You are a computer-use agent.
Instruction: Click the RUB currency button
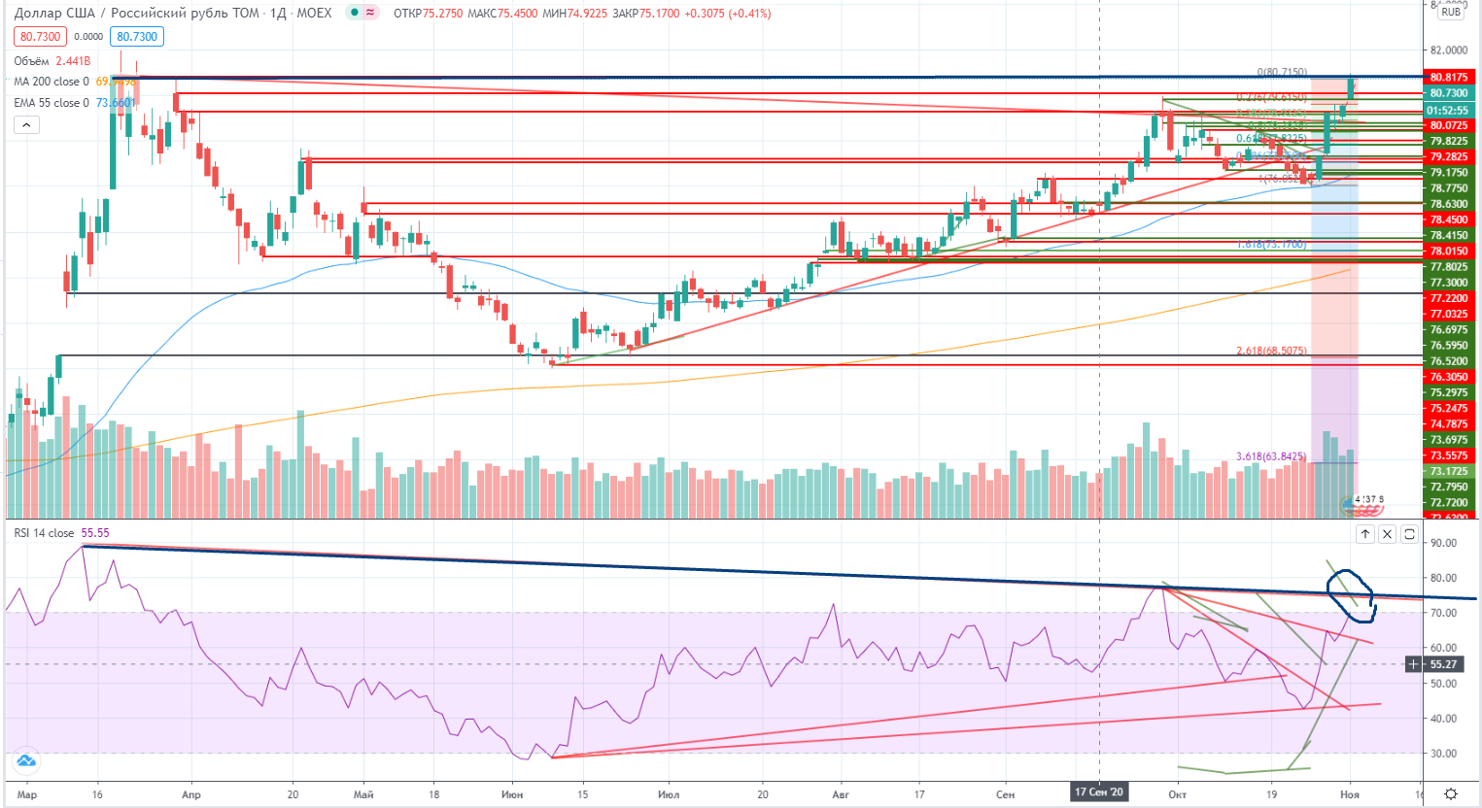pos(1451,13)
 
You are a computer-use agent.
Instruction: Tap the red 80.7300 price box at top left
pos(40,37)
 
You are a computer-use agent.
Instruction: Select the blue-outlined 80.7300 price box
pos(137,37)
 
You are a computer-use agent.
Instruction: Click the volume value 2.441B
pos(73,61)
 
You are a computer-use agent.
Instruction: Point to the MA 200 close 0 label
pos(51,82)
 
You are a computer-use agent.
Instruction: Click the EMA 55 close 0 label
pos(51,103)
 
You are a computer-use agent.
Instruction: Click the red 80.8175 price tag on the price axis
pos(1448,78)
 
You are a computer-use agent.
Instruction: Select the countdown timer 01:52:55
pos(1448,111)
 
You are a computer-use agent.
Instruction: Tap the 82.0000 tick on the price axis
pos(1448,50)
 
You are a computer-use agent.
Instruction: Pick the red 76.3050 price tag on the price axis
pos(1448,377)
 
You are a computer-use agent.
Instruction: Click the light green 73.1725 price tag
pos(1448,471)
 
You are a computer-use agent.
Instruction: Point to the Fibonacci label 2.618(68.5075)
pos(1271,351)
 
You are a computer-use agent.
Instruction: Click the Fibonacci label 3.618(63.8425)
pos(1271,456)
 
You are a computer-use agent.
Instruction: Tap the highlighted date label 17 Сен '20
pos(1099,792)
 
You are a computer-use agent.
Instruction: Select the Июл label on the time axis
pos(669,794)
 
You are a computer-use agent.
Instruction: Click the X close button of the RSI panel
pos(1387,534)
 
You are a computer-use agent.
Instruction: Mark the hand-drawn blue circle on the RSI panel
pos(1352,594)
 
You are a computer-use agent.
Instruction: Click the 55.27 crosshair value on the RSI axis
pos(1443,664)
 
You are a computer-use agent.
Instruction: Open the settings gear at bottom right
pos(1451,794)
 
